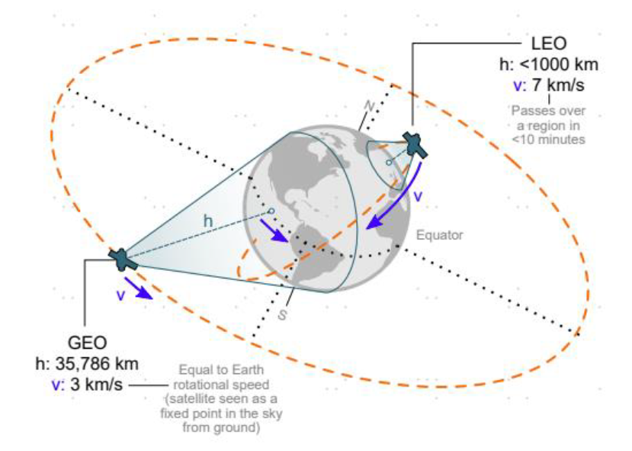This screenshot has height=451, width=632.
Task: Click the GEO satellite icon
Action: [122, 259]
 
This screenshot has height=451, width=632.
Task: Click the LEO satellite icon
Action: [415, 145]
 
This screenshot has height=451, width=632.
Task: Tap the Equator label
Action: [439, 235]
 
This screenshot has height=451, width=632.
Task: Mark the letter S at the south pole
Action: [282, 314]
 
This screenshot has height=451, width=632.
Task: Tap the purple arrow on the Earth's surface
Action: [275, 230]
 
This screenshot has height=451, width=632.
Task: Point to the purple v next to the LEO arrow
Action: [416, 195]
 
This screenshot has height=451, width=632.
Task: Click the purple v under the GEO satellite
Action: [120, 295]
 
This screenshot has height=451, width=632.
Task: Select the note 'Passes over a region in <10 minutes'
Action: [547, 124]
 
